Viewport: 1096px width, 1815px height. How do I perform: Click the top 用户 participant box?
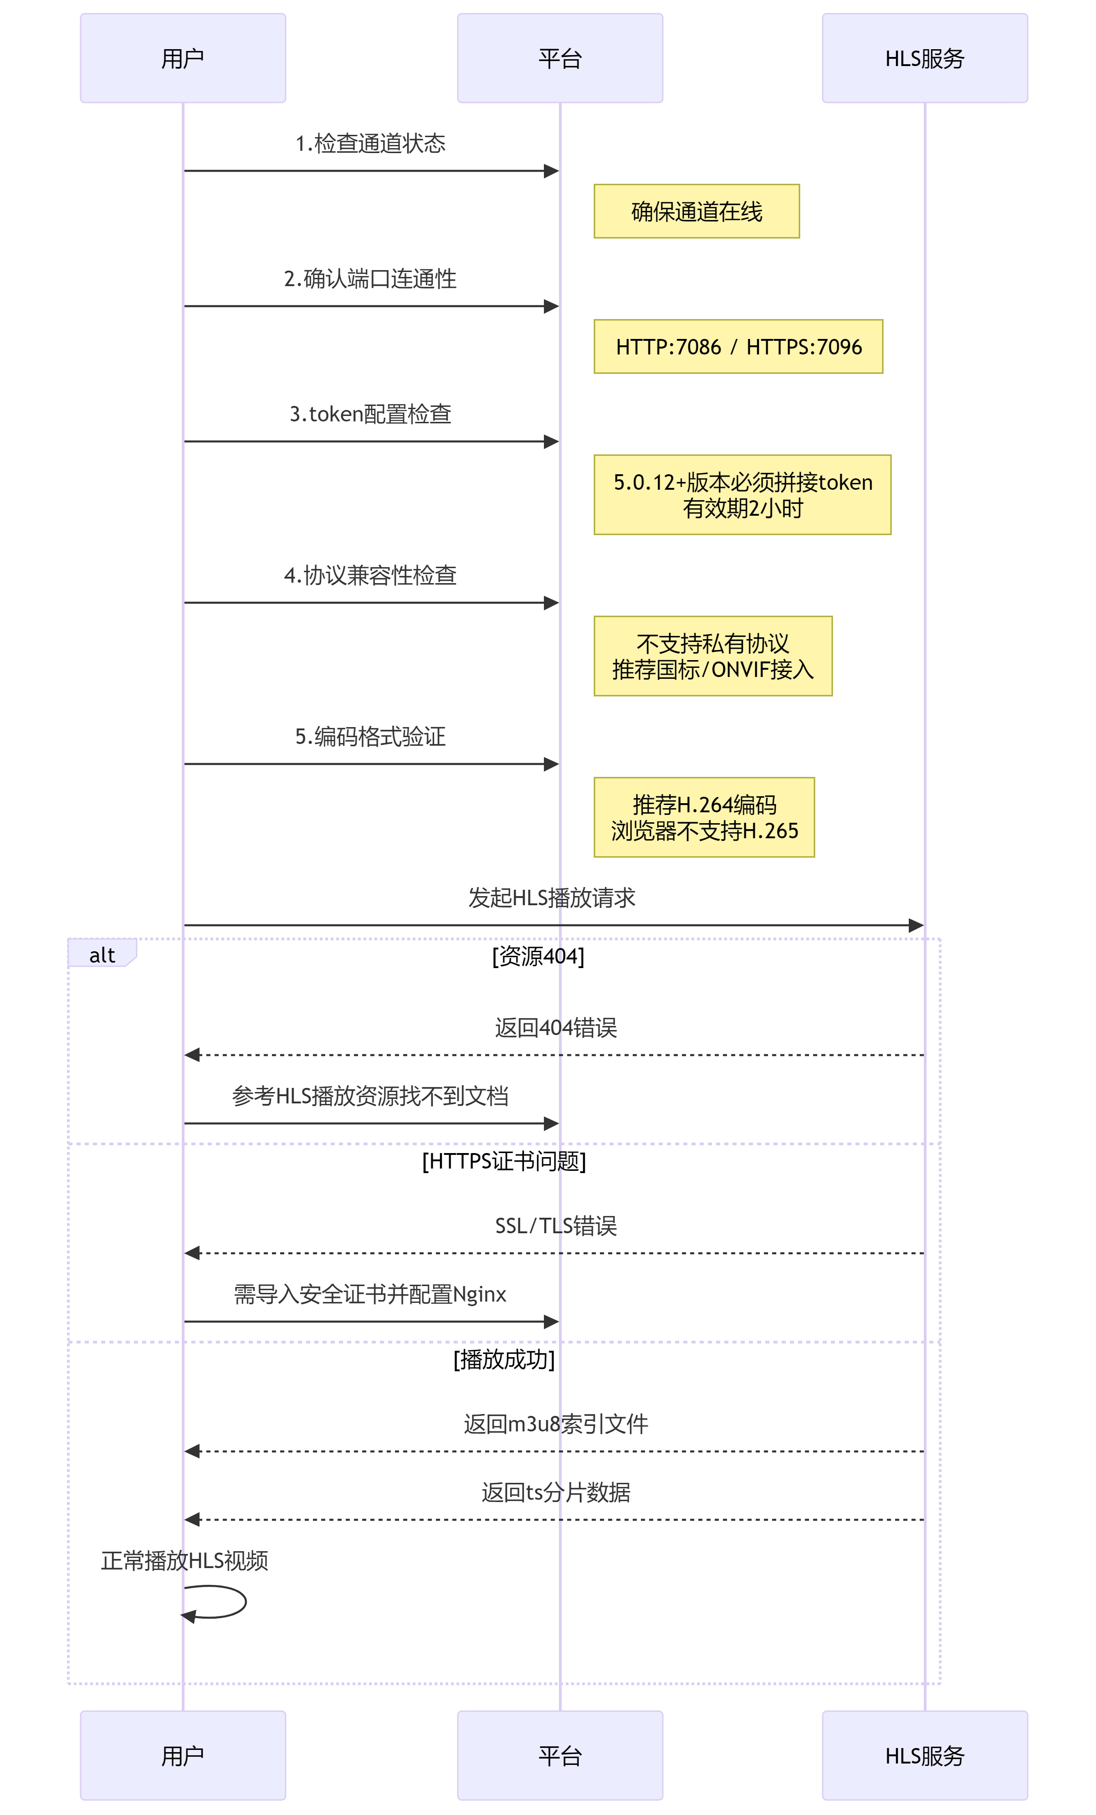point(183,58)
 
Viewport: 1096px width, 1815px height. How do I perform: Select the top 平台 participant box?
point(560,58)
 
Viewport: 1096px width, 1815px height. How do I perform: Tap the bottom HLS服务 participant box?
point(924,1755)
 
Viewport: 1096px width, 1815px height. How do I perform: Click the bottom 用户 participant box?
point(183,1755)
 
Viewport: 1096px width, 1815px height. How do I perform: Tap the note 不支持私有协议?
point(712,656)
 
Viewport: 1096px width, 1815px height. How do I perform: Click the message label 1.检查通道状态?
point(370,144)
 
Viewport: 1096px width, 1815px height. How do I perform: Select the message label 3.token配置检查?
point(370,414)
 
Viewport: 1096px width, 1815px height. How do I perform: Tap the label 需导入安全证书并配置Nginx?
point(370,1294)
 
